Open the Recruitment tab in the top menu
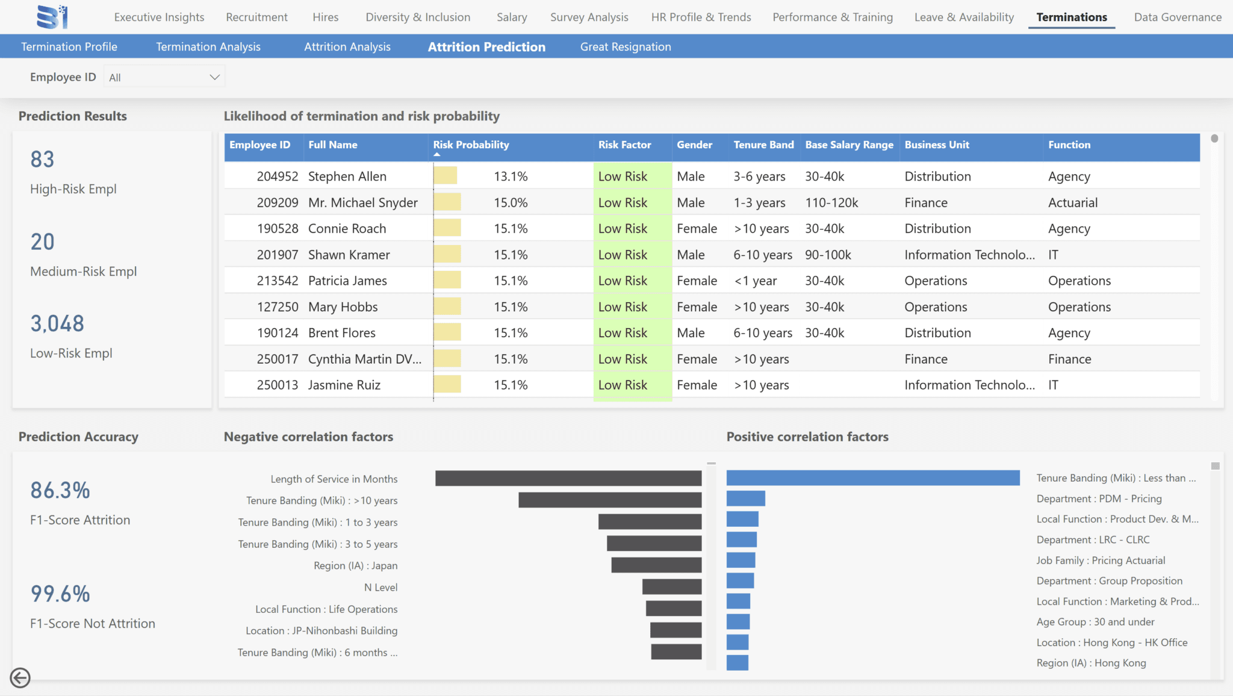(x=256, y=17)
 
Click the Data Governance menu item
(x=1178, y=17)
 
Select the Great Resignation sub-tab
(x=626, y=47)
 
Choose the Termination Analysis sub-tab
(x=208, y=47)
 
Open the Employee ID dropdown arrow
(x=214, y=77)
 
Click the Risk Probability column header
(x=471, y=144)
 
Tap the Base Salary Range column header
(x=849, y=144)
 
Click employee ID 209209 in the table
(x=278, y=203)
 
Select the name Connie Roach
(x=347, y=229)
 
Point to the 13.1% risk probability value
(x=511, y=176)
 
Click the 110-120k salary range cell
(x=831, y=203)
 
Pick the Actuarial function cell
(x=1073, y=203)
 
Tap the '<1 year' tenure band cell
(x=755, y=281)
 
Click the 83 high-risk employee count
(x=42, y=160)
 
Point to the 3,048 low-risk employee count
(x=57, y=324)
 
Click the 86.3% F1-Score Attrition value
(x=60, y=491)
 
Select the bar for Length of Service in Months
(x=568, y=479)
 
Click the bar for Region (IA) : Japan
(x=656, y=565)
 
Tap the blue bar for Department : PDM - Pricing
(x=746, y=499)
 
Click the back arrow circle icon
(x=20, y=678)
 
